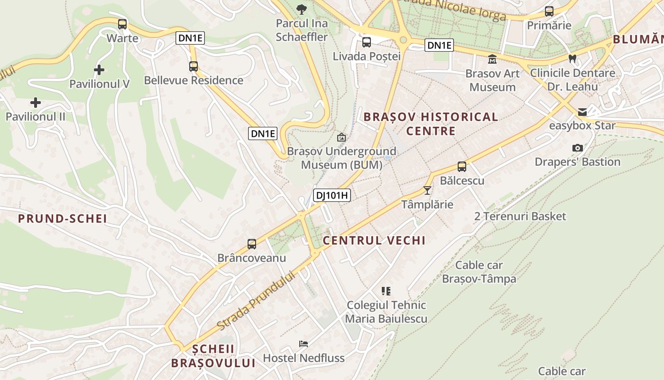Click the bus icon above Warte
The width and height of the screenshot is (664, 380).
point(122,24)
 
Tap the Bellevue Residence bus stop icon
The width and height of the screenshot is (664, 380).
point(194,66)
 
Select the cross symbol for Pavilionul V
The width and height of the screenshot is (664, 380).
point(99,70)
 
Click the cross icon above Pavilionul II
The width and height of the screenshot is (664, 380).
point(36,103)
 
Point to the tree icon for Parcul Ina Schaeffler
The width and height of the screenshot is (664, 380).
point(301,9)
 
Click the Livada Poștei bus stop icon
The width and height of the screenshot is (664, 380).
point(367,42)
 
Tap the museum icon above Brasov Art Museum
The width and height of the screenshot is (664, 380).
point(492,60)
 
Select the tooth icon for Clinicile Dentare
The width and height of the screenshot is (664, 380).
point(572,59)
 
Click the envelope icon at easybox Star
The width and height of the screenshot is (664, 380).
point(582,113)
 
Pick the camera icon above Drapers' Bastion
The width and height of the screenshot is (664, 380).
point(577,148)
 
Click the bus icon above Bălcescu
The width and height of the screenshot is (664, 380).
point(462,167)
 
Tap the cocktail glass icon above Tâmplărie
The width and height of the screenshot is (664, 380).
point(427,190)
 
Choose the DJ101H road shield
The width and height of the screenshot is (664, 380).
point(332,195)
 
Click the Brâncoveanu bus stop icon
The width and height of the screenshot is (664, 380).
point(252,244)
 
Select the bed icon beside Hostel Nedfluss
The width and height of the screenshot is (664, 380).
point(304,344)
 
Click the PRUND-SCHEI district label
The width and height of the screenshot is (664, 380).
point(62,219)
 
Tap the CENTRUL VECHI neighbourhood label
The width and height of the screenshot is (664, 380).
point(374,240)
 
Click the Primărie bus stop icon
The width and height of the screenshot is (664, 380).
point(549,11)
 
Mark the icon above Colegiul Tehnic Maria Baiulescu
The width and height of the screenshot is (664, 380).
point(386,291)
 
